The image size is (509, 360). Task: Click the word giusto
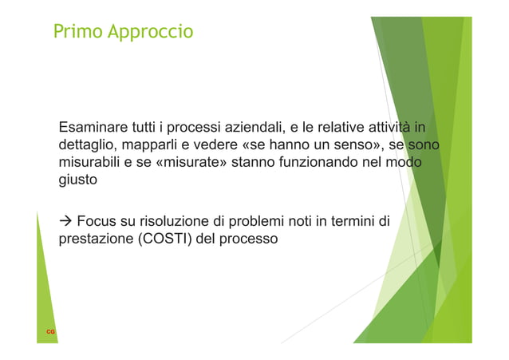click(x=78, y=180)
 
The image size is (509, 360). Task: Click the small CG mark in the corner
click(x=49, y=330)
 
